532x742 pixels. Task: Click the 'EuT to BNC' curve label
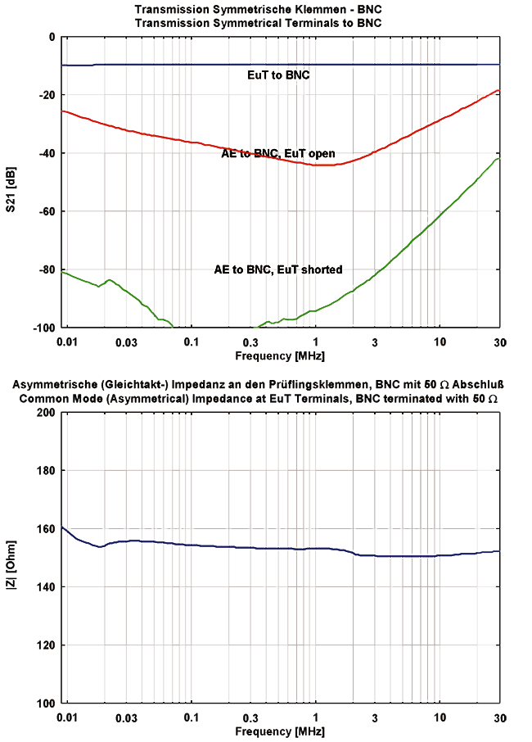point(278,75)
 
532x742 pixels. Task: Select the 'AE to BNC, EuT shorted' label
point(278,269)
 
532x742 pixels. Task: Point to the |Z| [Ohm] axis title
point(11,558)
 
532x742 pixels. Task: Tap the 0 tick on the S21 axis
point(51,37)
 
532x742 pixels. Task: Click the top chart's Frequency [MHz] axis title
point(279,356)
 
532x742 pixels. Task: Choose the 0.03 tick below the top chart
point(126,342)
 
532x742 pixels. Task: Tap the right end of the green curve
point(498,159)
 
